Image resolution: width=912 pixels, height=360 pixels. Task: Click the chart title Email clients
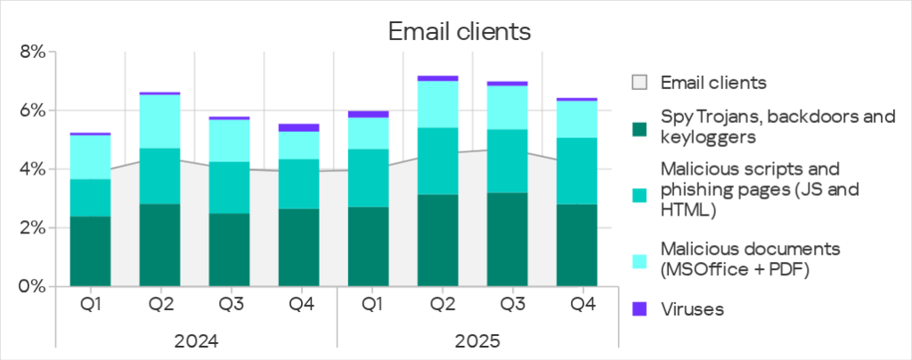pos(459,32)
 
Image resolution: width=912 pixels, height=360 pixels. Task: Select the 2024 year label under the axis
pos(196,340)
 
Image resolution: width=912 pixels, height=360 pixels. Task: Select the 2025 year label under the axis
pos(476,340)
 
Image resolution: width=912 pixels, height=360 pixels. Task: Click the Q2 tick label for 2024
pos(160,305)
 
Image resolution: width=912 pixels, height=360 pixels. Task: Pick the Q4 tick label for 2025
pos(582,305)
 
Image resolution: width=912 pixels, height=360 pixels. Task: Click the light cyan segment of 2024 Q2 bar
pos(160,121)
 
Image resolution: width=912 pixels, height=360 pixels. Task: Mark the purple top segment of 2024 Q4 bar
pos(301,127)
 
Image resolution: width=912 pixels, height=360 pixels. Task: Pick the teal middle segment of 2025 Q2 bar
pos(441,161)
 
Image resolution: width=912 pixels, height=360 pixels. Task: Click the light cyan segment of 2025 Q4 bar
pos(582,119)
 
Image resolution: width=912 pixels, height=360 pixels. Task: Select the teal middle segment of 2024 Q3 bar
pos(231,188)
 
